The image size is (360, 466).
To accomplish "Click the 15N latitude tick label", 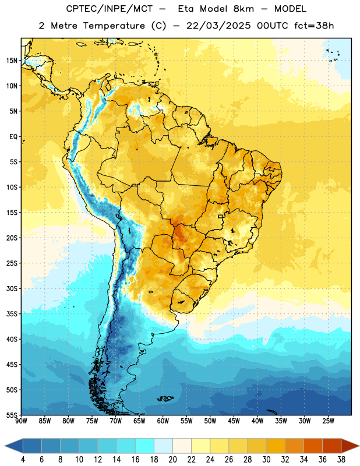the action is click(x=12, y=61).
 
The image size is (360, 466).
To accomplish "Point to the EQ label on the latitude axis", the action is click(x=13, y=137).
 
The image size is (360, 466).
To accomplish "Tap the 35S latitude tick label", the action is click(x=12, y=314).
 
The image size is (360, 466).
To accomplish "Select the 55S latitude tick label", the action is click(x=12, y=415).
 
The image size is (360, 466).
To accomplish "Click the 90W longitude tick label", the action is click(x=21, y=421).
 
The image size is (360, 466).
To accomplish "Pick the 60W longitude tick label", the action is click(x=163, y=421).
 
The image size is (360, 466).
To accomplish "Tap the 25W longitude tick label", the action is click(x=328, y=421).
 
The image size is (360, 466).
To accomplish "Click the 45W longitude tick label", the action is click(x=234, y=421).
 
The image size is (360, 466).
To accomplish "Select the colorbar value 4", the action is click(x=23, y=460).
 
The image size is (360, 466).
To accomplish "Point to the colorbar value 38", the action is click(x=341, y=460).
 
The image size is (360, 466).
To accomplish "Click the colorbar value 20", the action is click(x=172, y=460).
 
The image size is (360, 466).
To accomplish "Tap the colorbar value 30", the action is click(x=266, y=460).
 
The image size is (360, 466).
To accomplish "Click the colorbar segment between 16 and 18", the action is click(x=144, y=446).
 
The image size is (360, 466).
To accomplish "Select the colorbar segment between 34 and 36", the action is click(x=313, y=446).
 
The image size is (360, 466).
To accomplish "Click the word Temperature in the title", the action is click(x=114, y=26).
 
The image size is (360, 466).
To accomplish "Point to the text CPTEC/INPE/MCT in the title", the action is click(x=110, y=9).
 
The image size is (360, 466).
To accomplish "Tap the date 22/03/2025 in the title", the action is click(x=218, y=26).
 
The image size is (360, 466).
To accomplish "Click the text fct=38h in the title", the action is click(x=314, y=26).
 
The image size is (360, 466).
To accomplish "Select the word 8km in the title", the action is click(x=243, y=9).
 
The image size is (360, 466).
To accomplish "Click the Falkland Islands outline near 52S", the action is click(x=165, y=398).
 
